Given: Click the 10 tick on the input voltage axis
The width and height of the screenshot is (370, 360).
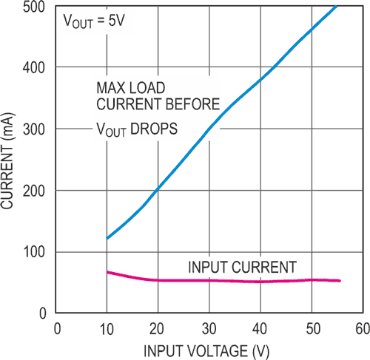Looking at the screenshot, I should tap(107, 327).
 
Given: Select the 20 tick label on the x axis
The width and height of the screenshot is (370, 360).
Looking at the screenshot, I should tap(158, 327).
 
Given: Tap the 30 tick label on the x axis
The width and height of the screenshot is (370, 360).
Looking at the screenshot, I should tap(209, 327).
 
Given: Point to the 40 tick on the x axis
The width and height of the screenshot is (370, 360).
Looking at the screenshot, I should tap(260, 327).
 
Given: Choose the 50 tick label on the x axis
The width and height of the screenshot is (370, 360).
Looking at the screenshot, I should tap(311, 327).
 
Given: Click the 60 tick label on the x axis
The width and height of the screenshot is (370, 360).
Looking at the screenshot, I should tap(360, 327).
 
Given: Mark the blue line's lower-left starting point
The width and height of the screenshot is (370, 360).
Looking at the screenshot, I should tap(107, 238).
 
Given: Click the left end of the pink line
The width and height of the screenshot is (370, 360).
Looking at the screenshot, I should tap(107, 272).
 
